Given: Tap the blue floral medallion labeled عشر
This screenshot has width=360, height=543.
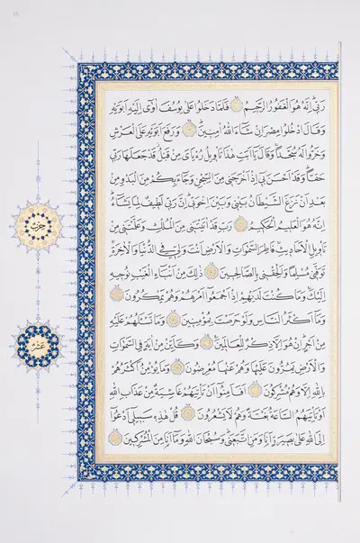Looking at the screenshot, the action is pyautogui.click(x=33, y=342).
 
